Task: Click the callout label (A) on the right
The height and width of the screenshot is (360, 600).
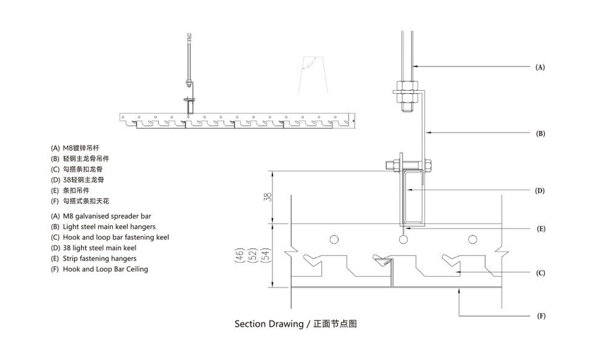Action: click(540, 68)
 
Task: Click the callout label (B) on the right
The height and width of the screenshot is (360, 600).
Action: click(540, 134)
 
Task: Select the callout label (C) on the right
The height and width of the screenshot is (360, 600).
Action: click(540, 274)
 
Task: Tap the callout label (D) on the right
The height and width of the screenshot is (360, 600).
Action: click(540, 191)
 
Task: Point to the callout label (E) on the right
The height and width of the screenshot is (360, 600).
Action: click(540, 229)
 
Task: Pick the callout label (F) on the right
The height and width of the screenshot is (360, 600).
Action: click(540, 316)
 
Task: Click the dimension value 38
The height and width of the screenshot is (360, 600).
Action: click(268, 196)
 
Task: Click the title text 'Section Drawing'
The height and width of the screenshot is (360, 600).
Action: click(269, 325)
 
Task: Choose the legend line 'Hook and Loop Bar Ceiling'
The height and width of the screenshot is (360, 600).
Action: click(100, 269)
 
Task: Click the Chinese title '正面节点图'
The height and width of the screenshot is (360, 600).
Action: click(335, 325)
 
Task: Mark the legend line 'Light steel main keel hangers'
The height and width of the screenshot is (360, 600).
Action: click(103, 226)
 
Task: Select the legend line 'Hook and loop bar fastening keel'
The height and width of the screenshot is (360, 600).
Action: click(110, 237)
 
